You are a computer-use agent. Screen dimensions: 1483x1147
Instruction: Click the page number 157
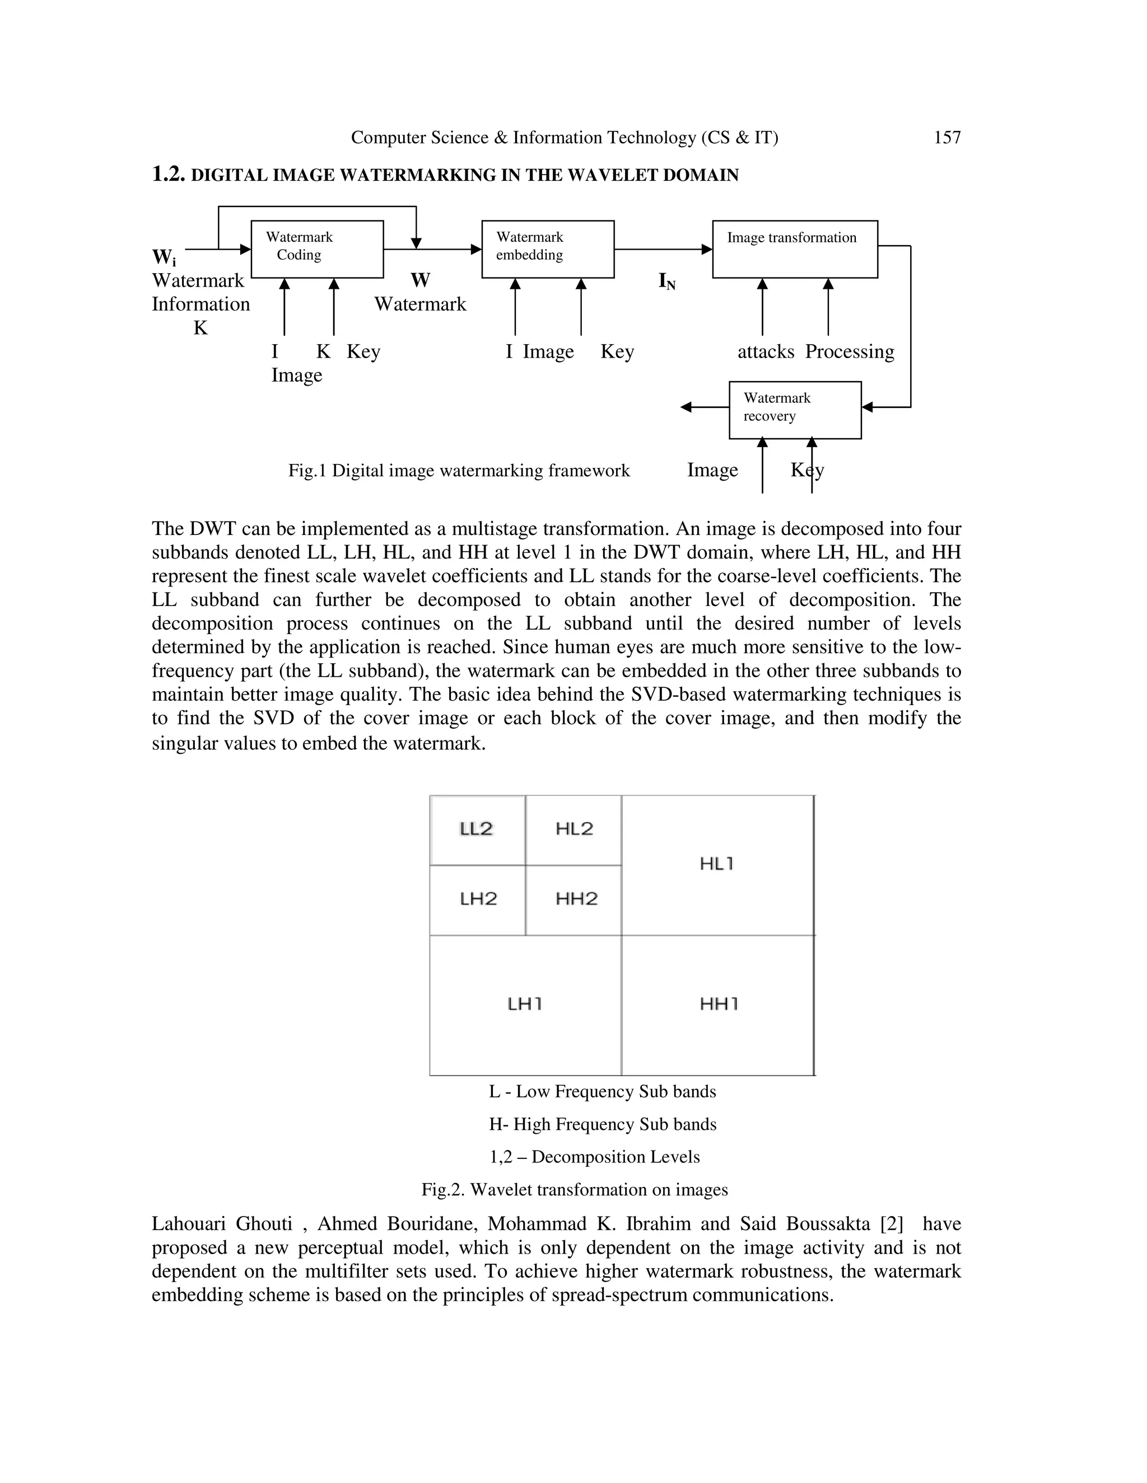click(946, 138)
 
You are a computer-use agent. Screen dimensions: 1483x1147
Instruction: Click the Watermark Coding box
click(318, 249)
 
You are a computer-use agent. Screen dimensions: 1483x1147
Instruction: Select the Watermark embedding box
click(548, 249)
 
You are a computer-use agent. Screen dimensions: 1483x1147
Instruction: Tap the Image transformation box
click(794, 249)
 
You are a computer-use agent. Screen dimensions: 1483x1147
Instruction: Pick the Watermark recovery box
click(794, 410)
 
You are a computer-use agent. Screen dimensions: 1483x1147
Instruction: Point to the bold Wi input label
click(164, 258)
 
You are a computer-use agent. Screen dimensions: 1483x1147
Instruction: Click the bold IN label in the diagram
click(666, 281)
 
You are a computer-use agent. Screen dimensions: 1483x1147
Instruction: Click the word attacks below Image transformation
click(766, 352)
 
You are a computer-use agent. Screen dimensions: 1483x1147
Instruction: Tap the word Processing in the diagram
click(850, 352)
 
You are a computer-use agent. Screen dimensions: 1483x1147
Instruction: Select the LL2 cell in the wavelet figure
click(477, 829)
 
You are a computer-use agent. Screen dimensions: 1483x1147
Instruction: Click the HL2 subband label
click(574, 829)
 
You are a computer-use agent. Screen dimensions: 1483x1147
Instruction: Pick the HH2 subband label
click(576, 899)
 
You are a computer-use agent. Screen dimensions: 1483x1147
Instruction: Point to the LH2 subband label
click(478, 899)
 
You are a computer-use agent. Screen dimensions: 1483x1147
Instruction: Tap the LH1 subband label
click(525, 1003)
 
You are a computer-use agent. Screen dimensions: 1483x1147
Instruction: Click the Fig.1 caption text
click(459, 471)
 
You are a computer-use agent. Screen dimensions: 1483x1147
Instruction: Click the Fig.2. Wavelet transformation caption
click(574, 1190)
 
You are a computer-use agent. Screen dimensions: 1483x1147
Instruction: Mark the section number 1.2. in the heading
click(168, 175)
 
